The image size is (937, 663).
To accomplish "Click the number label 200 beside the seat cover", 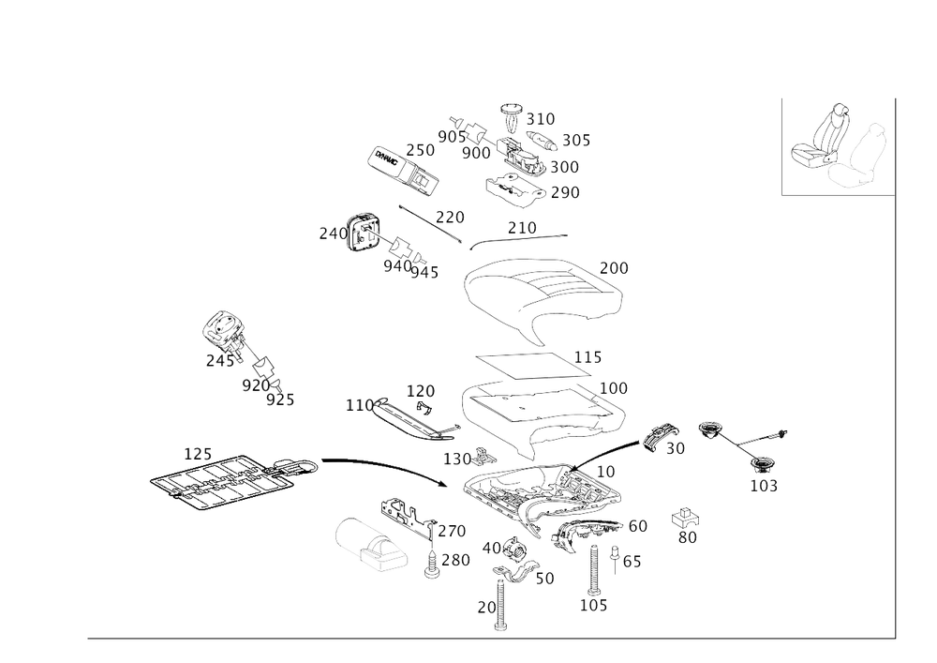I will point(614,267).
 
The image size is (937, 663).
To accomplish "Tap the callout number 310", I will point(541,118).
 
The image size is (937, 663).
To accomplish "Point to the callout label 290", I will point(565,192).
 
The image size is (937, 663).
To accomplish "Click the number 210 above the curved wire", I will point(521,228).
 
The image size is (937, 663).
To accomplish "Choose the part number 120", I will point(420,389).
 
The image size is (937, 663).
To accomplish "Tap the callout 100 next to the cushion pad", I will point(614,386).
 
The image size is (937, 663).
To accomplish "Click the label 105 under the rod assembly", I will point(764,486).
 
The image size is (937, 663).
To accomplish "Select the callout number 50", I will point(675,449).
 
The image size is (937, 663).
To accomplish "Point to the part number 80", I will point(687,536).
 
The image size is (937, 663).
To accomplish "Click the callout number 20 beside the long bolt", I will point(485,607).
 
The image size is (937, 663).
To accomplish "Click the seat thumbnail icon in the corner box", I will point(837,148).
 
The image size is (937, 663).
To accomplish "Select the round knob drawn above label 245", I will point(226,329).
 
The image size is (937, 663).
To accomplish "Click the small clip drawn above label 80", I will point(686,518).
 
